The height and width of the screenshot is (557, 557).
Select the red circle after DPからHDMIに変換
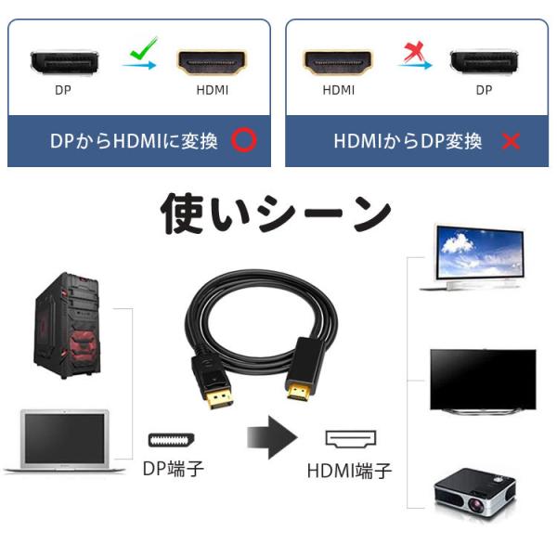[243, 141]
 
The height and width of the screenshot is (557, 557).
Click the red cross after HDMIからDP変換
[510, 141]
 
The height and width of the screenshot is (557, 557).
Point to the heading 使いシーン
[276, 214]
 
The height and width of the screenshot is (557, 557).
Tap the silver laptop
[63, 442]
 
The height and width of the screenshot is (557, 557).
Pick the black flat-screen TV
[482, 381]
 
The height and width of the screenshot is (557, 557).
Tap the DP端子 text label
[174, 469]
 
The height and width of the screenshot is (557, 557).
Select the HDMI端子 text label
[349, 472]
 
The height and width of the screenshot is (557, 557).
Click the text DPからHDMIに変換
[134, 141]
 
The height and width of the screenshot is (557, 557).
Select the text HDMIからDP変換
[408, 141]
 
